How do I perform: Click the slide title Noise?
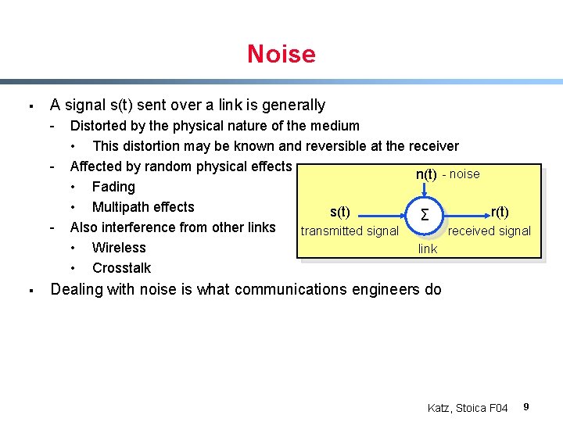[281, 54]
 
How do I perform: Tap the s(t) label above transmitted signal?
[340, 212]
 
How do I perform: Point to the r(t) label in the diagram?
[499, 212]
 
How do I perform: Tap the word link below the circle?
[428, 249]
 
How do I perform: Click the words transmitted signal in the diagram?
[350, 231]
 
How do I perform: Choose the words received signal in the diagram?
[489, 231]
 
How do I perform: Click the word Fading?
[113, 187]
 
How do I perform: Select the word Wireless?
[119, 248]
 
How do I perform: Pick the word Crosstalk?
[121, 268]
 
